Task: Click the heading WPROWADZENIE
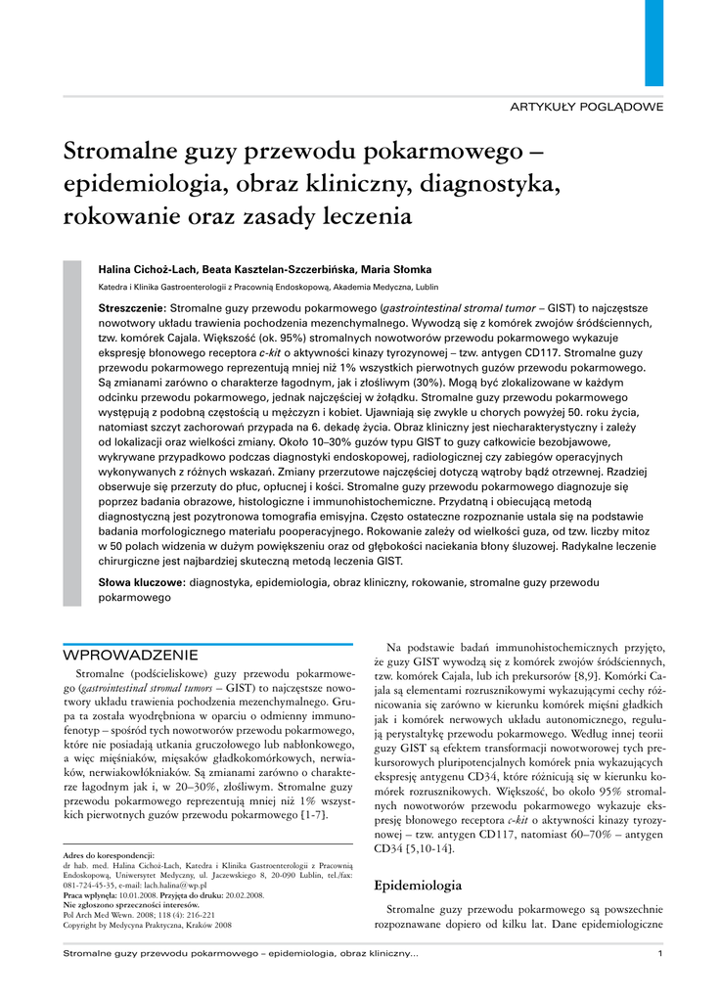click(x=131, y=655)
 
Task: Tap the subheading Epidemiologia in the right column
click(x=419, y=885)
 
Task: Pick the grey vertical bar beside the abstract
click(x=71, y=432)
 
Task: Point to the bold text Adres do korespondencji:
click(x=109, y=855)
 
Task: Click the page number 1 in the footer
click(x=660, y=954)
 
